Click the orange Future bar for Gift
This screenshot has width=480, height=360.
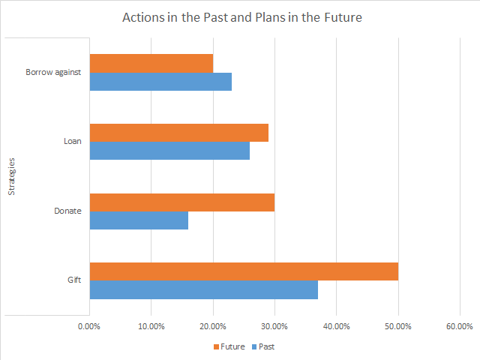coord(244,271)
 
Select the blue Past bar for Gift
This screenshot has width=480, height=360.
coord(204,289)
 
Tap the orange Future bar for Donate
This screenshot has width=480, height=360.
coord(182,202)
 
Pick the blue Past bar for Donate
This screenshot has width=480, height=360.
coord(139,220)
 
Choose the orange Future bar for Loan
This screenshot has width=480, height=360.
coord(179,133)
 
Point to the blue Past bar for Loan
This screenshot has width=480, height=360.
coord(170,151)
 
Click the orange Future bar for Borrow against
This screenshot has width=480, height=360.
coord(151,63)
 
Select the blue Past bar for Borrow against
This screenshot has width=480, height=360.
coord(160,82)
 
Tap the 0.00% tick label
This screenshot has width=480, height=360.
coord(89,326)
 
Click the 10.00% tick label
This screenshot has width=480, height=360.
coord(151,326)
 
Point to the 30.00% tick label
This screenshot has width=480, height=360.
coord(274,326)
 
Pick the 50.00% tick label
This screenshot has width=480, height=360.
coord(398,326)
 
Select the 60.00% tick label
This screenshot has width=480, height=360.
coord(460,326)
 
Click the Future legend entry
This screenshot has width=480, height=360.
coord(229,346)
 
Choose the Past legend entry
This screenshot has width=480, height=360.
coord(263,346)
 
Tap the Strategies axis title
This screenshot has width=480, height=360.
coord(11,177)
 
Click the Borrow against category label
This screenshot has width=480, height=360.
coord(53,72)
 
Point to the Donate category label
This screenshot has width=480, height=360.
coord(67,211)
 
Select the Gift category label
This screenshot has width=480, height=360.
coord(74,280)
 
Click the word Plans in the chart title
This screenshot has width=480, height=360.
coord(271,17)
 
